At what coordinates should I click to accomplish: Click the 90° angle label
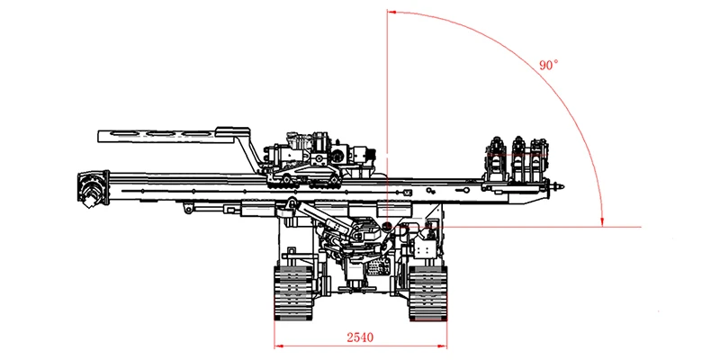(x=549, y=66)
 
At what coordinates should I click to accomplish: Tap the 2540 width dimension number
(x=360, y=338)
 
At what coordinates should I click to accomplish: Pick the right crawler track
(x=427, y=293)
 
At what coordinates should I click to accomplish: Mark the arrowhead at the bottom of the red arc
(x=602, y=222)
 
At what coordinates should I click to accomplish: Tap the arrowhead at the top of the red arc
(x=392, y=12)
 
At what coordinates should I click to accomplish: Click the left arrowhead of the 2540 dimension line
(x=279, y=346)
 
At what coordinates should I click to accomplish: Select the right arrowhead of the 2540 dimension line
(x=442, y=346)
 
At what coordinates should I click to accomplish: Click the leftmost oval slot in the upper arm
(x=123, y=133)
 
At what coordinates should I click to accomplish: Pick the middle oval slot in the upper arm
(x=160, y=133)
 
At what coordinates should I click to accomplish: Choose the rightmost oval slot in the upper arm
(x=196, y=133)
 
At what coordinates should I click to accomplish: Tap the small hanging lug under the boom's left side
(x=187, y=208)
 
